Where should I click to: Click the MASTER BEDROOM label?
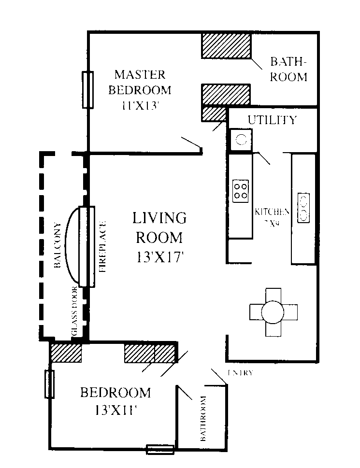click(x=140, y=82)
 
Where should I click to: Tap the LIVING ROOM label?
click(x=159, y=227)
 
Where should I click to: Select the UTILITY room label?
click(x=272, y=120)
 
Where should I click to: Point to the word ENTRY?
click(x=240, y=373)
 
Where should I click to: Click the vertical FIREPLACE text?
click(x=102, y=246)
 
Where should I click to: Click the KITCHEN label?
click(x=272, y=212)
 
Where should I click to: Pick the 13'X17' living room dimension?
click(x=159, y=257)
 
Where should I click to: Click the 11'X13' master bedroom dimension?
click(x=140, y=105)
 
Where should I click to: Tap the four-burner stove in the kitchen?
click(x=241, y=190)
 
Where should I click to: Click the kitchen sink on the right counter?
click(x=304, y=208)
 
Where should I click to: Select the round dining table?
click(x=273, y=312)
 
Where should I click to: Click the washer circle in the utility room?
click(x=241, y=140)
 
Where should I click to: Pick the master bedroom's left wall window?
click(x=87, y=90)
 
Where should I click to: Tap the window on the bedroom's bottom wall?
click(x=160, y=449)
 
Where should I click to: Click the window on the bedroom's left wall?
click(x=49, y=384)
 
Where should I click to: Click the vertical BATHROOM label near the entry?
click(x=203, y=418)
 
